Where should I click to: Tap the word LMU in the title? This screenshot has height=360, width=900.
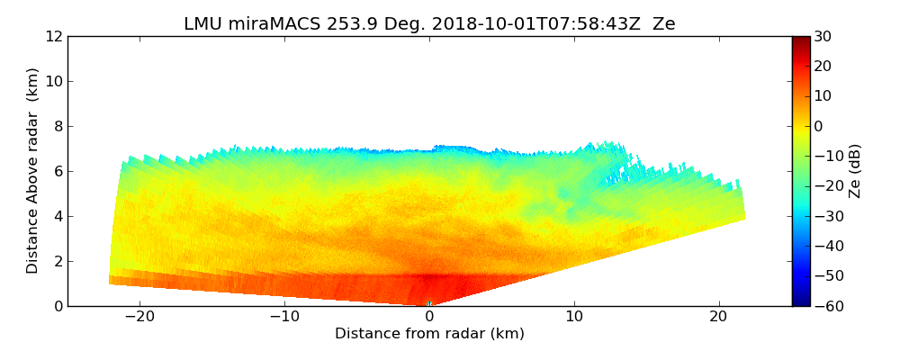tap(202, 24)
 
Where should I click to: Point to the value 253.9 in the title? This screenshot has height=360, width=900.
tap(336, 24)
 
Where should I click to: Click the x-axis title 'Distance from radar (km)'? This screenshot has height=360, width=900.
tap(429, 334)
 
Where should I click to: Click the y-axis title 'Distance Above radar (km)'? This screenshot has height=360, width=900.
tap(33, 170)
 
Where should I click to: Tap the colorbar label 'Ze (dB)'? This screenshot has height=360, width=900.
tap(855, 171)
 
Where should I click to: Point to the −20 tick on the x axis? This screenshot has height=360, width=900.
tap(139, 317)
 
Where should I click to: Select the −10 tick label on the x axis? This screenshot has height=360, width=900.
tap(284, 317)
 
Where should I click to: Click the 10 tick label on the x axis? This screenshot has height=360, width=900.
tap(574, 317)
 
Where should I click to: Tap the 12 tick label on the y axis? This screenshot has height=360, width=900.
tap(54, 36)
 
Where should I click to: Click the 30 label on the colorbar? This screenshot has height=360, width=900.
tap(823, 36)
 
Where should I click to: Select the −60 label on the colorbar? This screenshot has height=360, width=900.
tap(826, 306)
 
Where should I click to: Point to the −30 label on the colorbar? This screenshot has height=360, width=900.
tap(826, 216)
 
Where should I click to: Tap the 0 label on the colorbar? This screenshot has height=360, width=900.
tap(819, 126)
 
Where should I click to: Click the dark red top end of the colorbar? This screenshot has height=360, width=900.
tap(801, 40)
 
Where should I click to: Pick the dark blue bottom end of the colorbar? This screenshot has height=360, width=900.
tap(801, 302)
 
